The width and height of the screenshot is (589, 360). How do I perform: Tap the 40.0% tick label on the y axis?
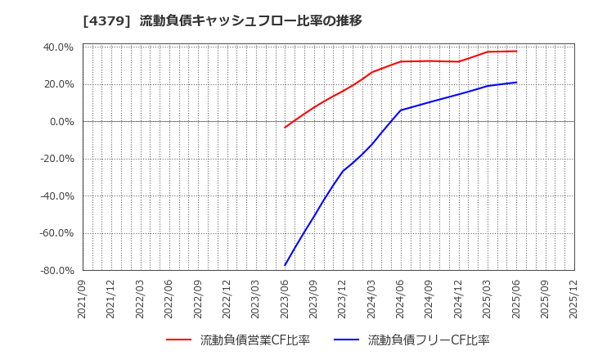[57, 47]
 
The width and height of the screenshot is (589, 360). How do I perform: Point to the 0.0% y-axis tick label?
[61, 122]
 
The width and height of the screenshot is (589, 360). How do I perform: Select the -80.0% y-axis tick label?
[56, 270]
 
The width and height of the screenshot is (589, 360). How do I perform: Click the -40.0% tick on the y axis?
[56, 196]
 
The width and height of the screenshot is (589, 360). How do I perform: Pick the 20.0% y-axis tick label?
[57, 84]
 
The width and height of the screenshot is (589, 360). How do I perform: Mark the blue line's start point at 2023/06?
[285, 265]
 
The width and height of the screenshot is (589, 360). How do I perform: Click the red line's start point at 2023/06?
[285, 127]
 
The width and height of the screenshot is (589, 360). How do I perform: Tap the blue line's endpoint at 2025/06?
[516, 82]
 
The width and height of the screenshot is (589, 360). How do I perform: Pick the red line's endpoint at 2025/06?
[516, 51]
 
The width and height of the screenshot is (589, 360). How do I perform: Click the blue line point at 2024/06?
[401, 110]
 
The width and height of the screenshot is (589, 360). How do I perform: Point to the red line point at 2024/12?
[458, 61]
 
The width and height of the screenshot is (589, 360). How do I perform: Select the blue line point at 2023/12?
[343, 171]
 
